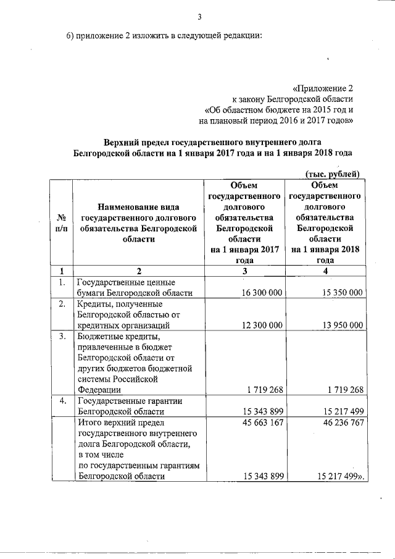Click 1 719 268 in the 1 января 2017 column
click(264, 390)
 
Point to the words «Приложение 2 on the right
click(323, 89)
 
